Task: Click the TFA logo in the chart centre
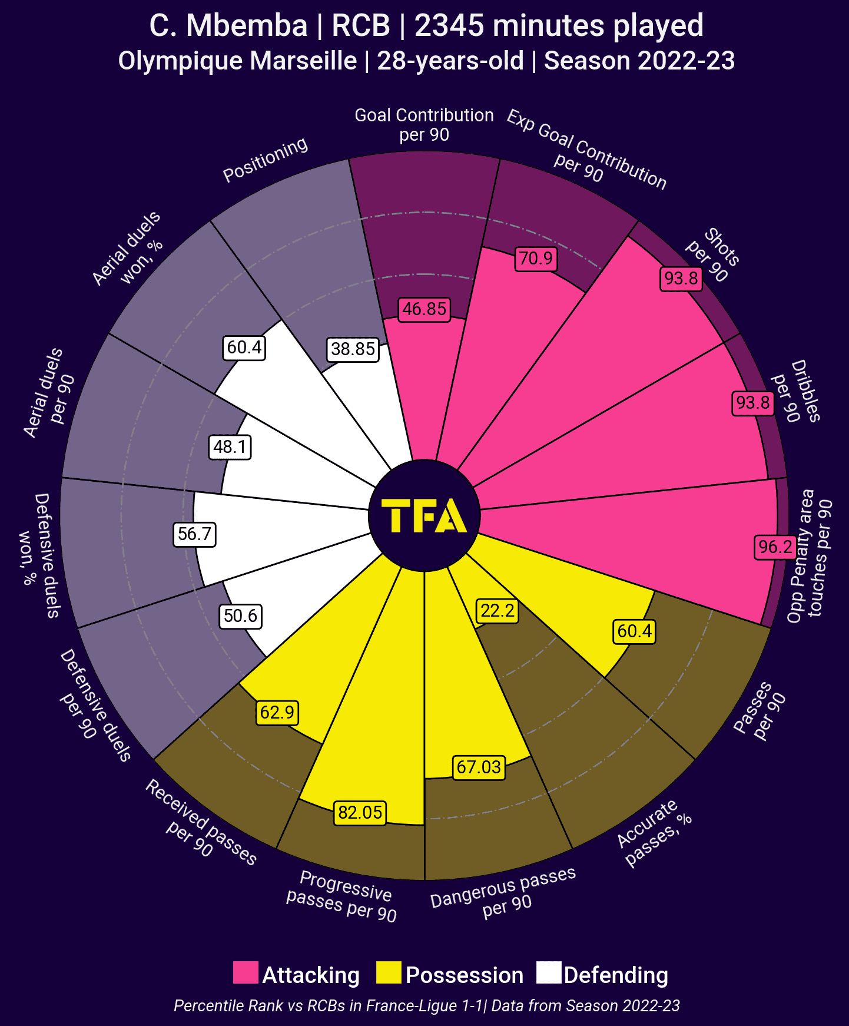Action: pos(424,516)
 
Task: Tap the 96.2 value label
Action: pos(775,547)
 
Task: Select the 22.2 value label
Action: pos(498,611)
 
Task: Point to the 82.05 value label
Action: pos(360,813)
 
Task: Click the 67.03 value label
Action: pos(479,767)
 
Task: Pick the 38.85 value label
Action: pos(353,349)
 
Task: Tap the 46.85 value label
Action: pos(424,309)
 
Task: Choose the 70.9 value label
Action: pos(536,259)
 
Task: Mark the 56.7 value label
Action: pos(194,534)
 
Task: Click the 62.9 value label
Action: pos(277,713)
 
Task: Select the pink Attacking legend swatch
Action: pos(246,972)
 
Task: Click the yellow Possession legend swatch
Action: pos(389,972)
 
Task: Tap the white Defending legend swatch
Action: pos(549,972)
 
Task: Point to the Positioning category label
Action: pos(266,160)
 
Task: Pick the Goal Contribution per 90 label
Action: pos(424,125)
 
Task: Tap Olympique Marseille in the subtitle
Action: pos(237,61)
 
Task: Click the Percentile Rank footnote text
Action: pos(427,1005)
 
